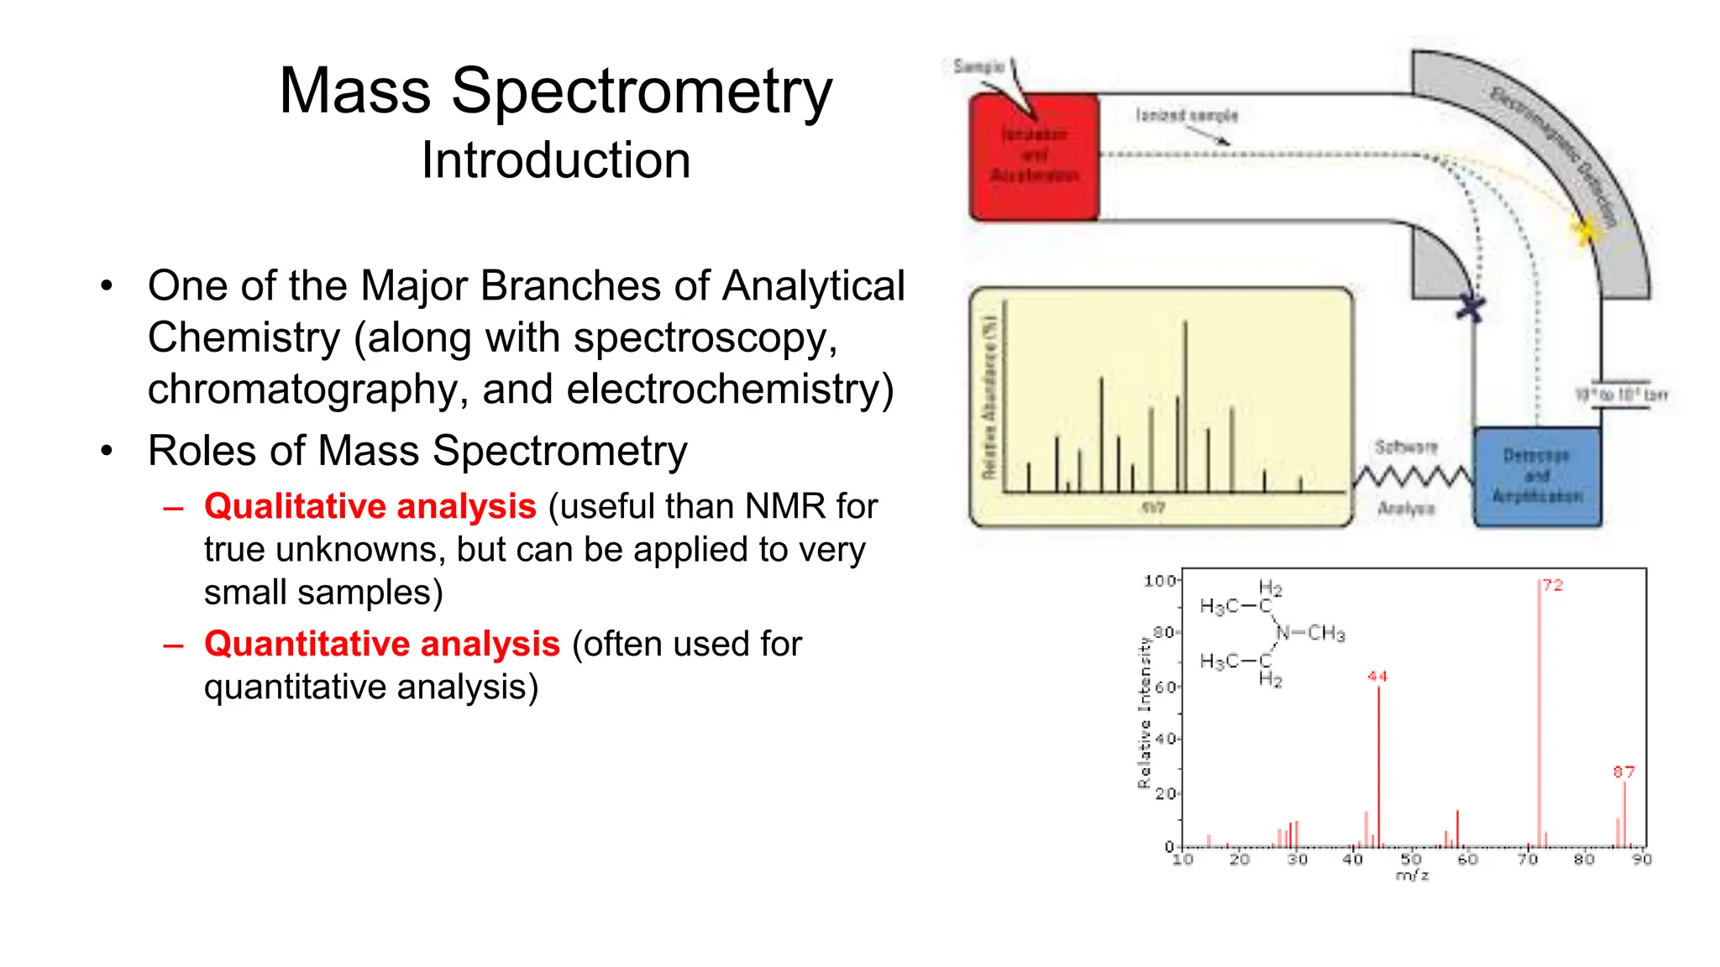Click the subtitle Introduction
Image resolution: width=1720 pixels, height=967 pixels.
[556, 160]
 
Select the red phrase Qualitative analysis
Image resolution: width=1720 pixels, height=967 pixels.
[370, 506]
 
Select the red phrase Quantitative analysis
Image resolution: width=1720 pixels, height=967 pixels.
[381, 644]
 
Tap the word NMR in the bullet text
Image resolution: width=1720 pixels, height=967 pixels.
[784, 506]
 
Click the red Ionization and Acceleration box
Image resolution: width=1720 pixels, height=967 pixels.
[1034, 157]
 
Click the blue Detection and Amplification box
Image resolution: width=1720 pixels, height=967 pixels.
[1537, 477]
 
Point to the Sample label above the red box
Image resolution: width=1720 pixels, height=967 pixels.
[978, 66]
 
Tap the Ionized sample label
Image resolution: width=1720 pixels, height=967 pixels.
[1187, 115]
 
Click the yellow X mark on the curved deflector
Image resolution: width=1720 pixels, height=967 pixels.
[1586, 229]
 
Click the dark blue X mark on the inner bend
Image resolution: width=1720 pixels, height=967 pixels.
[1470, 307]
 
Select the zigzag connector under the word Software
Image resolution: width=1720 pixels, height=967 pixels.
[1413, 478]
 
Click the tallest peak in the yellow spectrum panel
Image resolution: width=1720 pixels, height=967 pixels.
[1185, 403]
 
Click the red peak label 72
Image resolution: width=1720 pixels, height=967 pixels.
[1552, 585]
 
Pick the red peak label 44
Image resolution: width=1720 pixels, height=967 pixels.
[1377, 676]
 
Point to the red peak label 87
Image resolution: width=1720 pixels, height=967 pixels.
[1623, 771]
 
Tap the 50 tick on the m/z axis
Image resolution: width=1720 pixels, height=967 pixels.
[1411, 859]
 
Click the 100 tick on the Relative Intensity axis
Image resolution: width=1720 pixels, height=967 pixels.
[1159, 581]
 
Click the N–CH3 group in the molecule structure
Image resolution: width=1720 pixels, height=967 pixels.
[1312, 633]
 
